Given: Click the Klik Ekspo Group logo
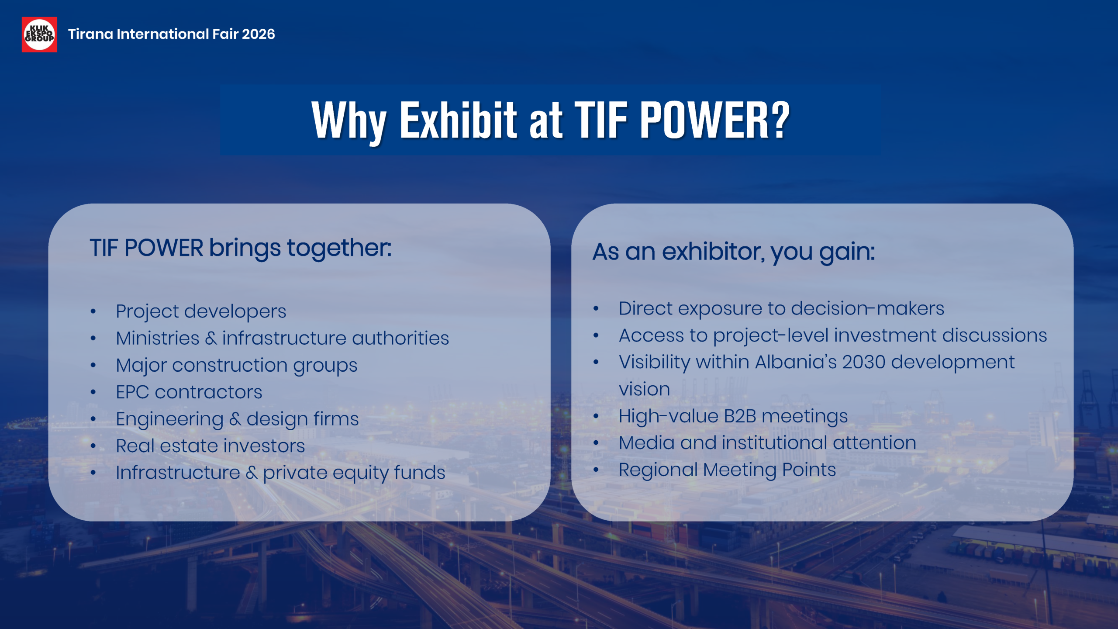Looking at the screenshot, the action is (39, 35).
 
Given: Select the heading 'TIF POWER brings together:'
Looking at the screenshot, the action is (241, 248).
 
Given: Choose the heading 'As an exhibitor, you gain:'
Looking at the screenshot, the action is (734, 252).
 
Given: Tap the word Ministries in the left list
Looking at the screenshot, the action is (158, 338).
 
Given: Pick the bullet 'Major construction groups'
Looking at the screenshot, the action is (237, 366).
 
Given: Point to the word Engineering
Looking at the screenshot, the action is (170, 419).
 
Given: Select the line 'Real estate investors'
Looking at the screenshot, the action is (210, 446).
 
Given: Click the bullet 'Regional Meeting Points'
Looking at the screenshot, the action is (728, 470).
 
